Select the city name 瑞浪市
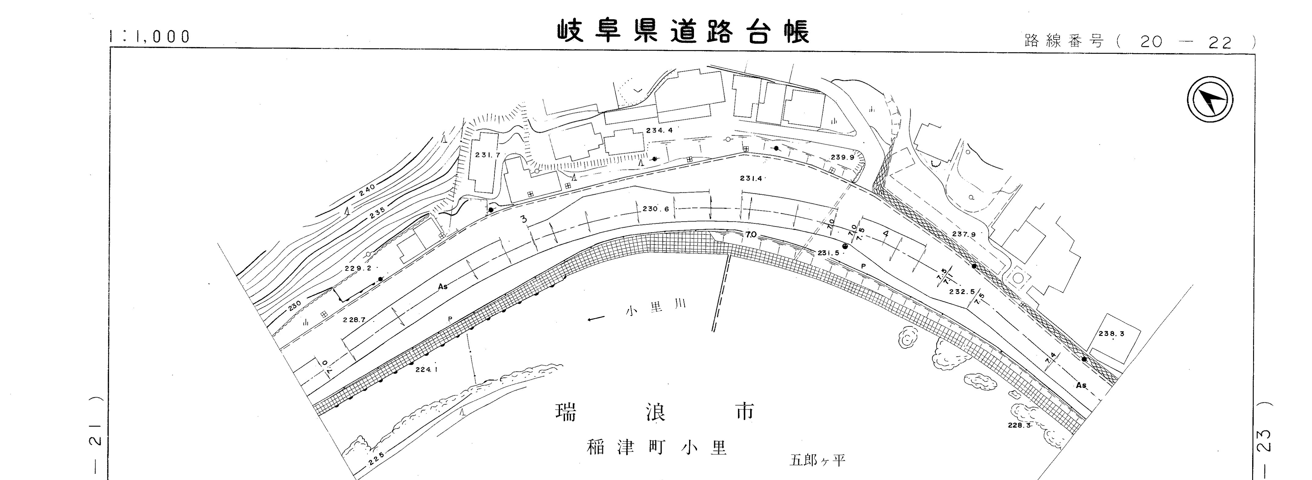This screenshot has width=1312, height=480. (654, 412)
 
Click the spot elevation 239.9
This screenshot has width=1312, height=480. (842, 158)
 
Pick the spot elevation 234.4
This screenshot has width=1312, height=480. (659, 130)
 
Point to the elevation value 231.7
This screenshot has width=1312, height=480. (487, 155)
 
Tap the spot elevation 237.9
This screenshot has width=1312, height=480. (963, 235)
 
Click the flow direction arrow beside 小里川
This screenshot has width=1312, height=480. (596, 319)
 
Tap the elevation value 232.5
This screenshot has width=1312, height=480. (962, 292)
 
